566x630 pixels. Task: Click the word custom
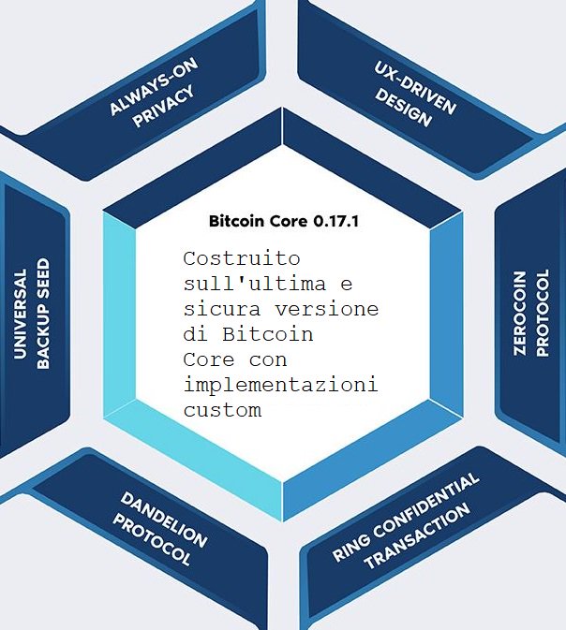pos(222,410)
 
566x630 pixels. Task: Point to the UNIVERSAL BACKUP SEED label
pos(31,314)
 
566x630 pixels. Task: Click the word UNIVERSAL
pos(20,314)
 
